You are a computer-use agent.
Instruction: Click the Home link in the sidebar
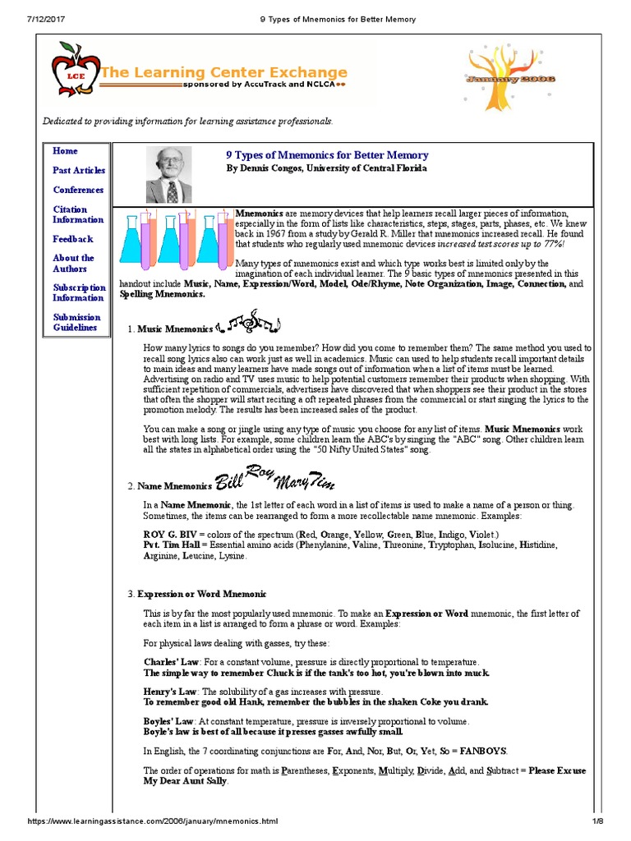pyautogui.click(x=65, y=151)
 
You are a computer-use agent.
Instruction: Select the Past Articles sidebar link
pyautogui.click(x=79, y=170)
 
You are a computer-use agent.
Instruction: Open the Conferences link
pyautogui.click(x=78, y=190)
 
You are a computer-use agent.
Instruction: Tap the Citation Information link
pyautogui.click(x=78, y=214)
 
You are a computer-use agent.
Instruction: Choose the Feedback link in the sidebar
pyautogui.click(x=73, y=239)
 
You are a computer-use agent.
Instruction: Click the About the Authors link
pyautogui.click(x=73, y=263)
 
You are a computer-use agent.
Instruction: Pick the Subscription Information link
pyautogui.click(x=79, y=292)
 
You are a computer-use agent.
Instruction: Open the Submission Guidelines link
pyautogui.click(x=76, y=322)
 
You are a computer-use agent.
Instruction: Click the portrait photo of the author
pyautogui.click(x=168, y=174)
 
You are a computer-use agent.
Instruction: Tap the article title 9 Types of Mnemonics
pyautogui.click(x=326, y=154)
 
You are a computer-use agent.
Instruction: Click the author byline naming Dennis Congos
pyautogui.click(x=326, y=168)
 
